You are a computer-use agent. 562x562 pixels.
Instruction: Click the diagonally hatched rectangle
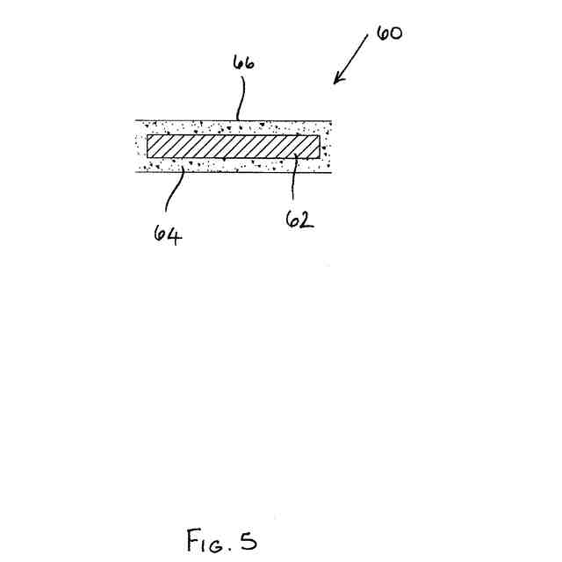click(233, 146)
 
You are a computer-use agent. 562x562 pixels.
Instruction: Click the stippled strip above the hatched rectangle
click(233, 127)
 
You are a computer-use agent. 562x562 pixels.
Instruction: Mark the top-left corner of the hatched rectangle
click(147, 134)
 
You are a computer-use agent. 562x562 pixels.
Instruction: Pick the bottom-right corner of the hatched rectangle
click(320, 158)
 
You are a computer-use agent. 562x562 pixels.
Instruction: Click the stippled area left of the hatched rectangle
click(140, 146)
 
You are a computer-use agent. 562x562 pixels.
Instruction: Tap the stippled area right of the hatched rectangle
click(326, 146)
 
